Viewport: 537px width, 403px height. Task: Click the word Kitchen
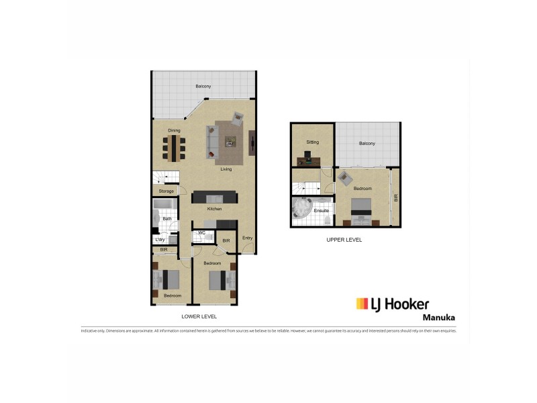click(214, 210)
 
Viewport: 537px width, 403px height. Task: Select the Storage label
click(166, 191)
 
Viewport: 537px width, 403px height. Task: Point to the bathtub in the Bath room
click(164, 204)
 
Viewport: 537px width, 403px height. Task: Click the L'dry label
click(160, 240)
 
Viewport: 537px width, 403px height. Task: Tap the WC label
click(201, 233)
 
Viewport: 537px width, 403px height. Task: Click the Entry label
click(248, 238)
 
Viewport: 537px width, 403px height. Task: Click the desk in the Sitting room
click(309, 159)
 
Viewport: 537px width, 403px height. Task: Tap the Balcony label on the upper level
click(367, 144)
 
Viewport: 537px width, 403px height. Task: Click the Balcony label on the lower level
click(203, 86)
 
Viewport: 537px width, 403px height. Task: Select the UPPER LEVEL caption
click(344, 240)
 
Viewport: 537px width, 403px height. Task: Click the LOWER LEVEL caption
click(199, 316)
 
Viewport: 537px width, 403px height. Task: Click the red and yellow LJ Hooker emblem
click(362, 304)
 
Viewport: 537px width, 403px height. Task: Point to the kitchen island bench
click(215, 197)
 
